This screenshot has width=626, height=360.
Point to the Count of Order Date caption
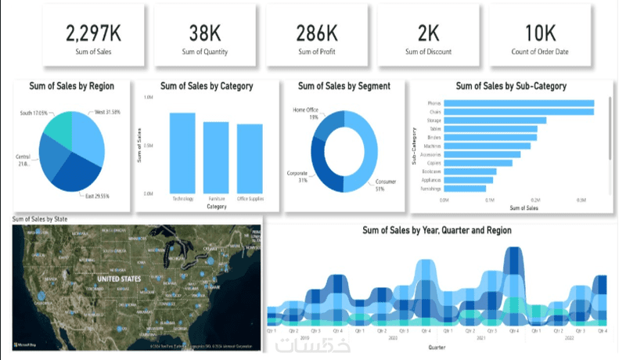coord(541,52)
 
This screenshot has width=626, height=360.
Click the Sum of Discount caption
coord(428,52)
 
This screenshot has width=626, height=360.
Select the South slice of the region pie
coord(57,129)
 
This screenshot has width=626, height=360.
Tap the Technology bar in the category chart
coord(182,153)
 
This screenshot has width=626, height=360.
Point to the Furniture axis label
coord(217,199)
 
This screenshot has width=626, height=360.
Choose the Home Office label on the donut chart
coord(306,110)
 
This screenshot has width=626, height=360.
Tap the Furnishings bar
coord(454,189)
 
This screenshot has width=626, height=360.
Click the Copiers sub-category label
coord(434,163)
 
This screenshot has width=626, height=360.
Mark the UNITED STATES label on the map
coord(119,279)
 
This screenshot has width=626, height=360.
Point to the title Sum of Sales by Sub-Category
coord(510,86)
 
